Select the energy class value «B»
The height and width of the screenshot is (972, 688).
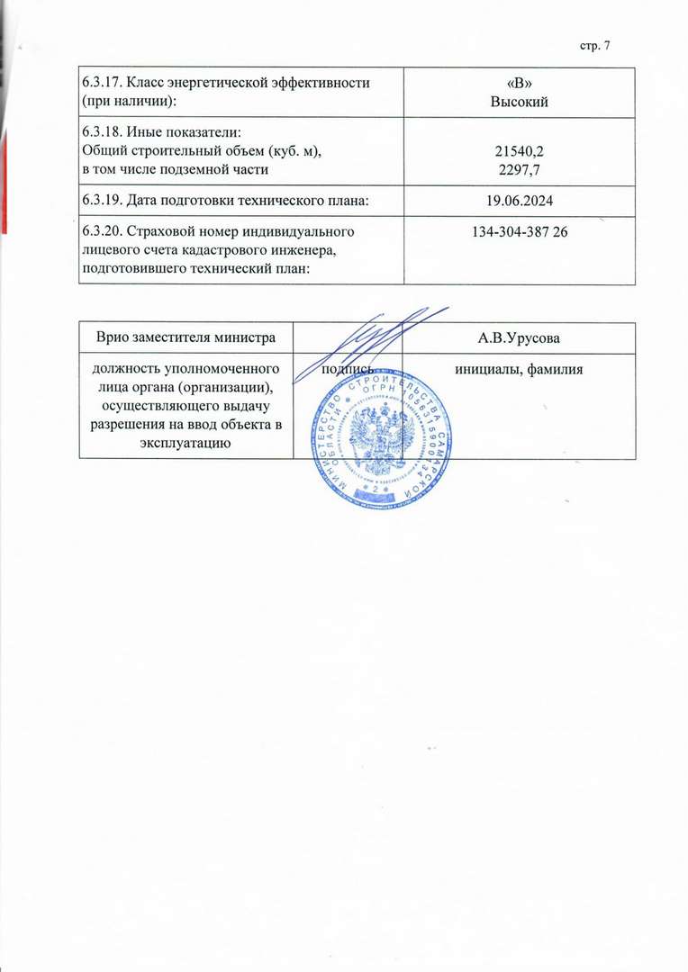coord(519,84)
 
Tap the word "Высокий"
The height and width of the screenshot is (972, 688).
coord(519,101)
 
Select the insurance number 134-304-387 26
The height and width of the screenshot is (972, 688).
coord(519,233)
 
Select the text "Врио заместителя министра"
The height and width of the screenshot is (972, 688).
coord(186,339)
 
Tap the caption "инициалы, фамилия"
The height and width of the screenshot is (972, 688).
coord(519,370)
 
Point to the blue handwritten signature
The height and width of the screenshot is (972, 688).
coord(383,337)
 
